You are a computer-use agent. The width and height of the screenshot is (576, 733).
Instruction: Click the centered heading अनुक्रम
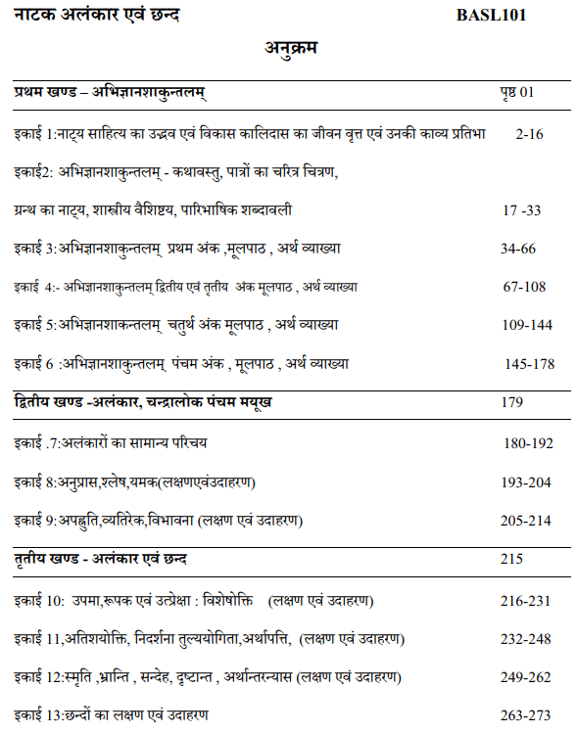[290, 48]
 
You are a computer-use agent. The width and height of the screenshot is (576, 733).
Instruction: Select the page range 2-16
[528, 132]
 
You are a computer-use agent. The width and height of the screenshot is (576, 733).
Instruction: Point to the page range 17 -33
[521, 210]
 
